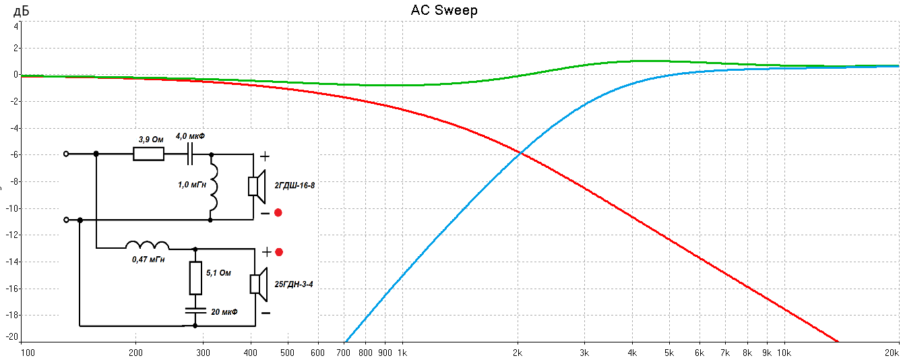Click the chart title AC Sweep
click(444, 10)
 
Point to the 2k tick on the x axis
click(518, 352)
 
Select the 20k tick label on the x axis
click(892, 352)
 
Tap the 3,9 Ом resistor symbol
click(148, 154)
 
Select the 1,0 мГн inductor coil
click(213, 186)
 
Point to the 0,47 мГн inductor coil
click(148, 245)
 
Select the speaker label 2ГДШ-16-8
click(294, 184)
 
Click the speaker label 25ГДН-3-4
click(292, 284)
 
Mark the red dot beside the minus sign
click(278, 213)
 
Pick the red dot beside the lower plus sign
click(279, 252)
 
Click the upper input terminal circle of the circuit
click(65, 154)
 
